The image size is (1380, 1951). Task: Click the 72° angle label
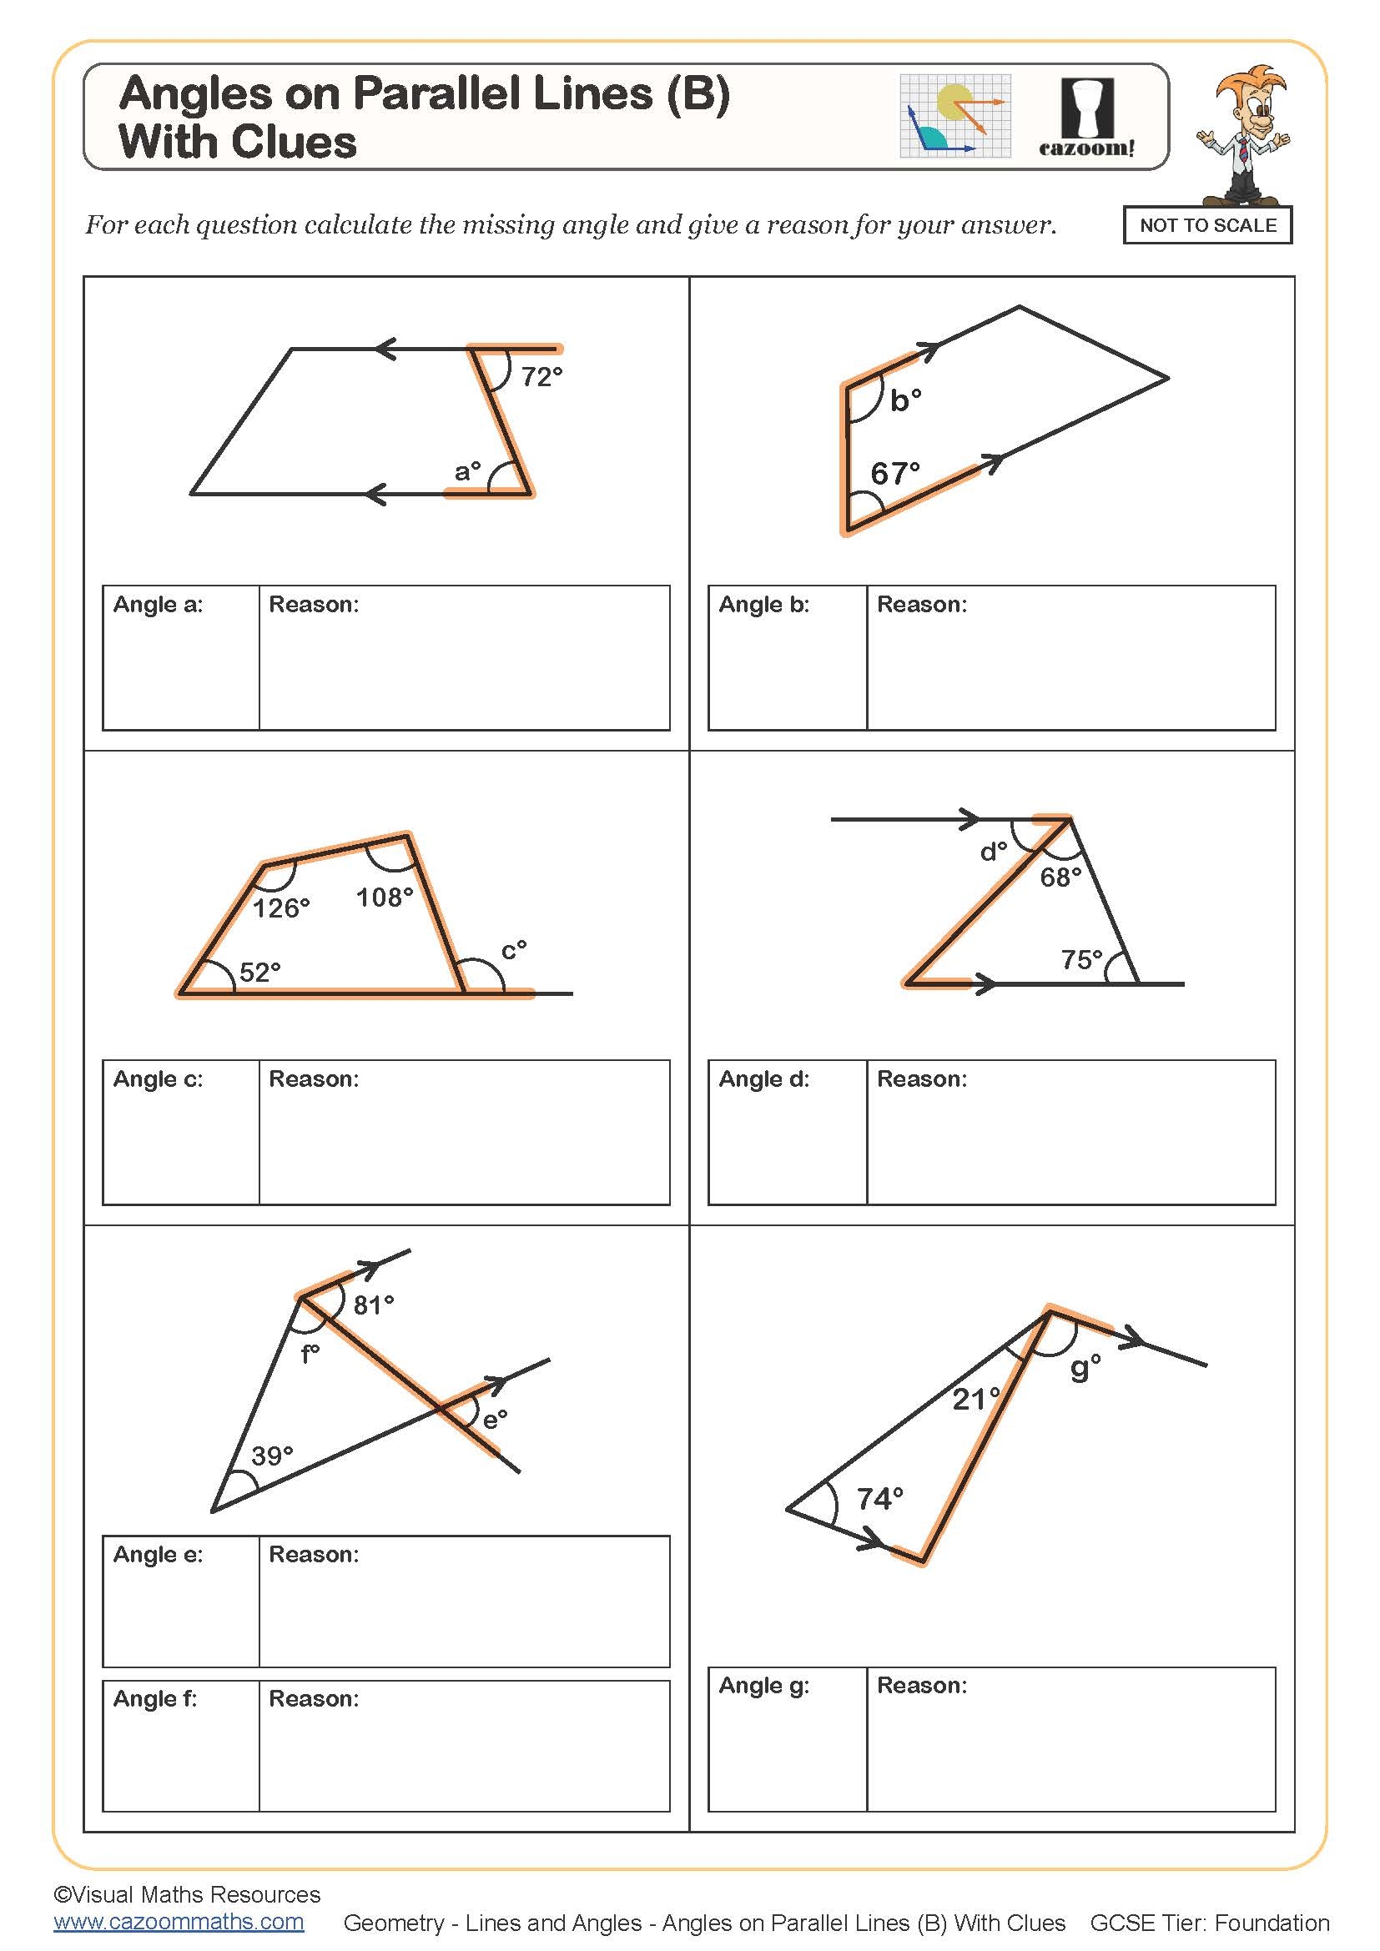click(541, 376)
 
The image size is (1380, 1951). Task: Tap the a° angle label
click(467, 470)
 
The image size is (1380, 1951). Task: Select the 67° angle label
click(894, 473)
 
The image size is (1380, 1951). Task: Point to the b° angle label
click(905, 400)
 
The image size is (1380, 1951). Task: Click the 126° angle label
click(280, 908)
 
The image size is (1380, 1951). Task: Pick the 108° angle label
click(384, 898)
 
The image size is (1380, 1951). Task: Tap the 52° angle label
click(259, 972)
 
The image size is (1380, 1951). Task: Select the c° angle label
click(513, 949)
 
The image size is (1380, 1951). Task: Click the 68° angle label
click(1060, 877)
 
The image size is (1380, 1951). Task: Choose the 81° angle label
click(373, 1305)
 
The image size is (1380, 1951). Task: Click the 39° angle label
click(272, 1456)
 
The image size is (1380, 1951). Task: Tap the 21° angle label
click(975, 1399)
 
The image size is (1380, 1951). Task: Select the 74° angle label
click(879, 1499)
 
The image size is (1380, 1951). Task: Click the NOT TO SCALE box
click(1206, 225)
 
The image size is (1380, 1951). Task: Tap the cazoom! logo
click(1087, 118)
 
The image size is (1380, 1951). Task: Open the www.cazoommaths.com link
click(179, 1922)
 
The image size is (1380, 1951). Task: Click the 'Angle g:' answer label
click(763, 1685)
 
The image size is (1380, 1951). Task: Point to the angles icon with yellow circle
click(955, 116)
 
